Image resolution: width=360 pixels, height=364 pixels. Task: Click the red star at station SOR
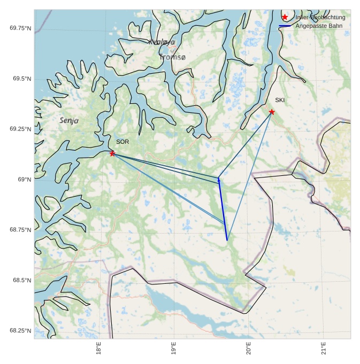(112, 153)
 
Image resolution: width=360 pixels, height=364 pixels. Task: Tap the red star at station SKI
(272, 112)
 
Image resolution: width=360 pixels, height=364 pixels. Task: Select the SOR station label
(122, 142)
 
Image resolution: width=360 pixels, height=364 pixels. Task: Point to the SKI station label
(280, 100)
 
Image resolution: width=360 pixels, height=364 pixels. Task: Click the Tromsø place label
(172, 57)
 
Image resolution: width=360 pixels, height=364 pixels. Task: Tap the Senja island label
(69, 121)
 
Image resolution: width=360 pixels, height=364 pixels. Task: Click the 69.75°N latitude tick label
(20, 28)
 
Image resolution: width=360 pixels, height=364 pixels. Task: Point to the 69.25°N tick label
(20, 129)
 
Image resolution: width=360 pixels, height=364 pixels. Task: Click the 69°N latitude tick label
(25, 180)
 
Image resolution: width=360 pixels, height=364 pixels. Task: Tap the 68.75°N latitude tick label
(20, 230)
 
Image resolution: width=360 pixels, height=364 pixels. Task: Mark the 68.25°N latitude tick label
(20, 331)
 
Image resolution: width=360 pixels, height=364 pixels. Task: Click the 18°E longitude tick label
(99, 347)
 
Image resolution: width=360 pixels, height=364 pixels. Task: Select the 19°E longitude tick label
(174, 347)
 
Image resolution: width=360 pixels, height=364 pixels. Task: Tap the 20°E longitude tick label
(249, 347)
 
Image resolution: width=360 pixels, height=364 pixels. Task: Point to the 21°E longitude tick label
(324, 347)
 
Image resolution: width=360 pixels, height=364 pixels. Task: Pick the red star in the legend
(285, 18)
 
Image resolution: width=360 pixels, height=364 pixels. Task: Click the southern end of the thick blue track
(227, 240)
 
